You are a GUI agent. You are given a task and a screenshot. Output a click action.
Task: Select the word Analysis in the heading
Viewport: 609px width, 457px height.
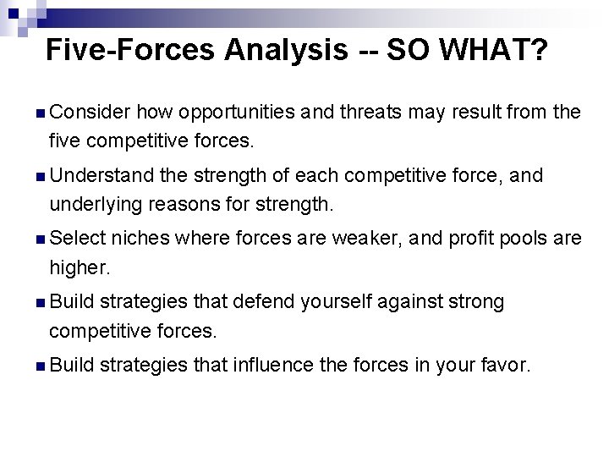click(285, 51)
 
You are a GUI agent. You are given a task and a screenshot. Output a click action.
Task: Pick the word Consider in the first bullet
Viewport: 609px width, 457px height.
click(90, 112)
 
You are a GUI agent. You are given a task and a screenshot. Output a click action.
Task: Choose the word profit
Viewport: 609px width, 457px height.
click(468, 239)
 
